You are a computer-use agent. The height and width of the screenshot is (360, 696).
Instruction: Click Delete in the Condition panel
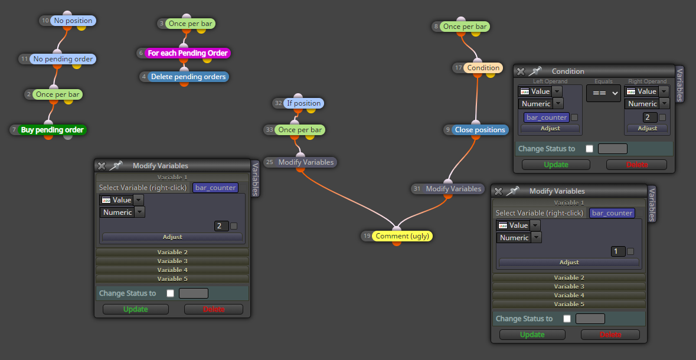pyautogui.click(x=636, y=165)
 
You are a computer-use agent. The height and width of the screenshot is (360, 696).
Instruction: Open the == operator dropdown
pyautogui.click(x=603, y=93)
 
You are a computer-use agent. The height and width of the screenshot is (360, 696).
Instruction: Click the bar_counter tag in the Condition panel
pyautogui.click(x=547, y=117)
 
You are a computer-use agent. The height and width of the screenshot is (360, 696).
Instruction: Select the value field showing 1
pyautogui.click(x=616, y=251)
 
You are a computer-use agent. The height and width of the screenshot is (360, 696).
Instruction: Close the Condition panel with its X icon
pyautogui.click(x=521, y=71)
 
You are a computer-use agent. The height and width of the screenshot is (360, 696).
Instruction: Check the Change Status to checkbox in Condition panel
pyautogui.click(x=590, y=149)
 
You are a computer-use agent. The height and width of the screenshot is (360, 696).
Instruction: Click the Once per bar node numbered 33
pyautogui.click(x=300, y=130)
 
